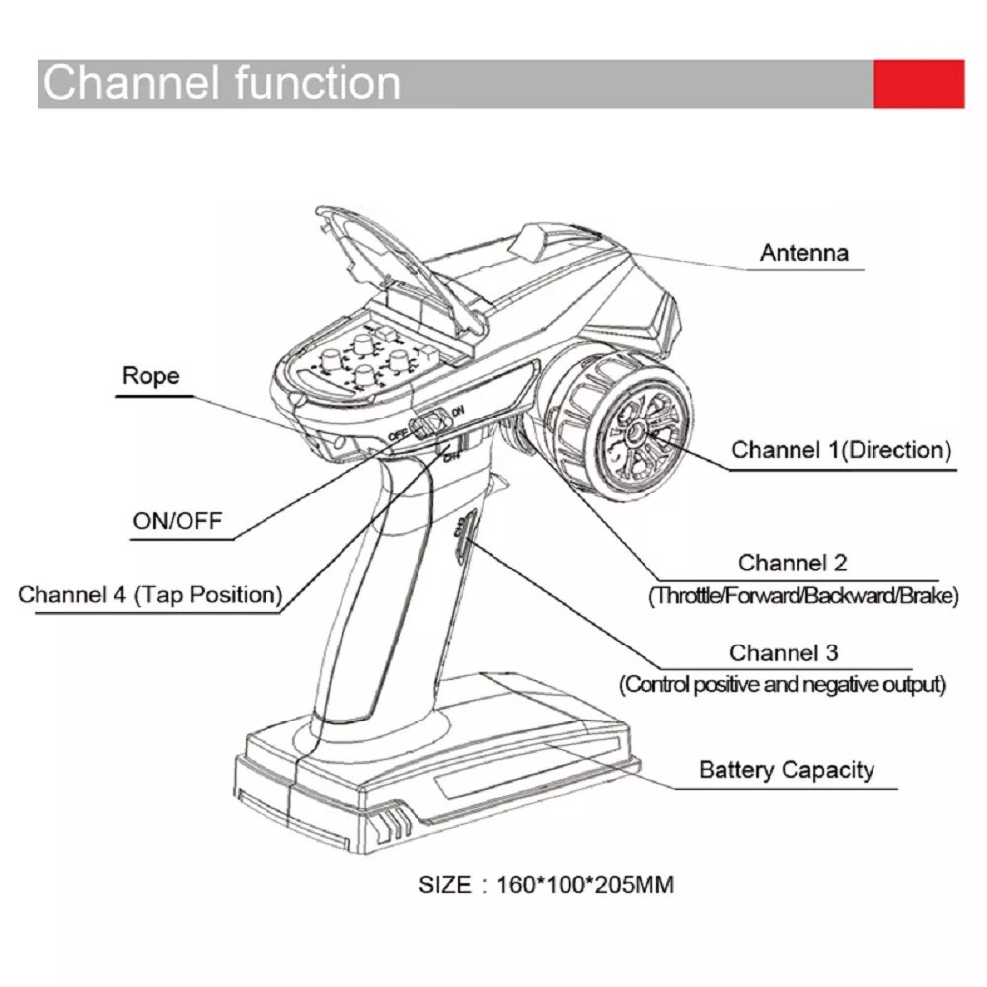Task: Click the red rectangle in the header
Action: (919, 84)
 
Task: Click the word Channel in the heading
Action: (124, 83)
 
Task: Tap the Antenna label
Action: (803, 253)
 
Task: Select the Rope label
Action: (150, 376)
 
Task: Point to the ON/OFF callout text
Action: (178, 520)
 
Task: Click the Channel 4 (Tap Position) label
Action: (150, 595)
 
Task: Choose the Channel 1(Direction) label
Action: (841, 451)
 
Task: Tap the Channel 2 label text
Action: (793, 564)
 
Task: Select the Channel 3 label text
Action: (784, 653)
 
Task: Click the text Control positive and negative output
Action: (782, 684)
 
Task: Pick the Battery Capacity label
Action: (786, 770)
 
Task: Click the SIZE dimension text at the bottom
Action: (546, 884)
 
